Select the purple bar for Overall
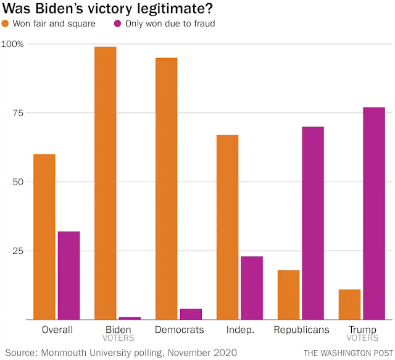click(x=69, y=275)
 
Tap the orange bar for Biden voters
click(x=105, y=183)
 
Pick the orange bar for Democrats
click(x=166, y=188)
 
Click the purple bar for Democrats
click(x=191, y=314)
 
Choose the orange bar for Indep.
click(x=227, y=227)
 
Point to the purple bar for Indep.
click(x=252, y=288)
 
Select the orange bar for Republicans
click(x=288, y=295)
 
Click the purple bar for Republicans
click(x=313, y=223)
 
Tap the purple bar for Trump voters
click(x=374, y=213)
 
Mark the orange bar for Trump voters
click(x=349, y=304)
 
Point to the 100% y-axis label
click(x=12, y=44)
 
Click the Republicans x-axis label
click(x=301, y=330)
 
